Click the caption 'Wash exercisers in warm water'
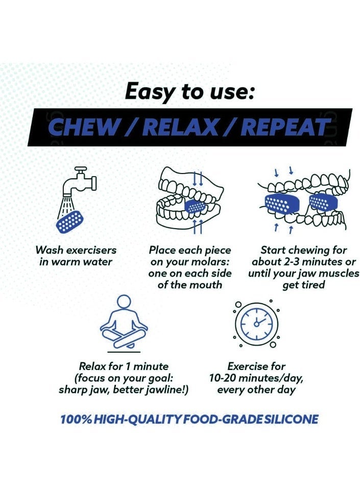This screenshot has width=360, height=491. point(76,256)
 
